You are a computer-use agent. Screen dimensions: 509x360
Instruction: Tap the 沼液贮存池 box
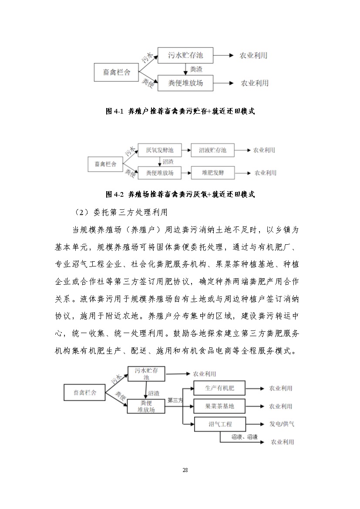[213, 151]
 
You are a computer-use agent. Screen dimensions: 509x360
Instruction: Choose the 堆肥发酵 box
[212, 173]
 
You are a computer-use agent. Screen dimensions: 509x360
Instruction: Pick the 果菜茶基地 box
[219, 406]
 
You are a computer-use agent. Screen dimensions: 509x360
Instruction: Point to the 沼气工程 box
[220, 424]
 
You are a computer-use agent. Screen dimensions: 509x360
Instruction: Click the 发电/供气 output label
[282, 424]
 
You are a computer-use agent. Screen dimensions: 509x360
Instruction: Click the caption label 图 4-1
[115, 111]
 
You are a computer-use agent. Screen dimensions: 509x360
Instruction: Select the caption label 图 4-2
[115, 194]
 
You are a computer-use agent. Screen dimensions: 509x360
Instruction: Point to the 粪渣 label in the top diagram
[195, 69]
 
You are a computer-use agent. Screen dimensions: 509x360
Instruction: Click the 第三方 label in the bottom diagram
[175, 400]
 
